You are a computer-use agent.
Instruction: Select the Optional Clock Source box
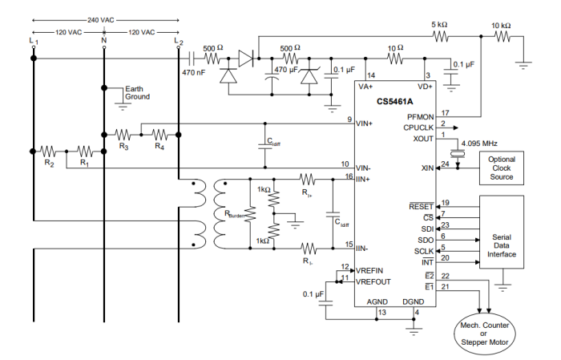pos(502,168)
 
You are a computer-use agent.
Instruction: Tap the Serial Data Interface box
pos(502,238)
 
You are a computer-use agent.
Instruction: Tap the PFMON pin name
pos(422,117)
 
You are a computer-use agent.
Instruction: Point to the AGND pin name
pos(377,302)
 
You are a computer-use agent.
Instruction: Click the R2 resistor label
pos(50,164)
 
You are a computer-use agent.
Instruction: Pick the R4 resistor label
pos(159,146)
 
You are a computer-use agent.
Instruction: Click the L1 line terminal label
pos(32,39)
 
